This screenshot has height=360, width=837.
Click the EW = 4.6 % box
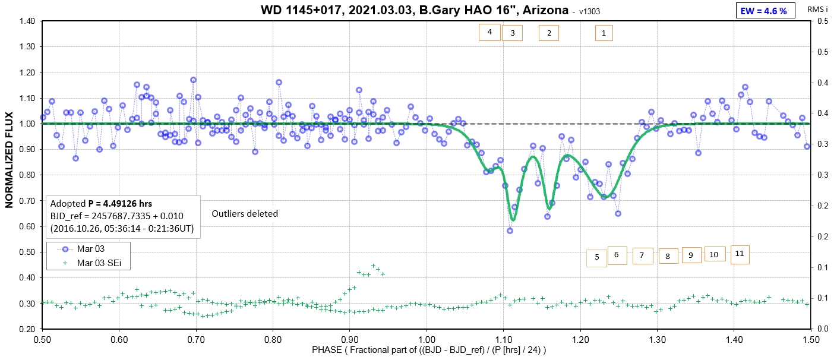[765, 11]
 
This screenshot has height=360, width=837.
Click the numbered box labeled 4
[489, 32]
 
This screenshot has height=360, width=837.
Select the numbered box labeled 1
[604, 33]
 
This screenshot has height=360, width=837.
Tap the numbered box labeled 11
[739, 254]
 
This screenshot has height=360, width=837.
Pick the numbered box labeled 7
[642, 255]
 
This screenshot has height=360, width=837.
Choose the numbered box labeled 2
[549, 33]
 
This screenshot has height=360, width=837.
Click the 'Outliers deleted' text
[245, 213]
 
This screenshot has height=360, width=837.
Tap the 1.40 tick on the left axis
[27, 21]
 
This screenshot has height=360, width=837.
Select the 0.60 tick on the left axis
[27, 226]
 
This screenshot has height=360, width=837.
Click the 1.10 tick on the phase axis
[503, 339]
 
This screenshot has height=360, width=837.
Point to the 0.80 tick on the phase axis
[273, 339]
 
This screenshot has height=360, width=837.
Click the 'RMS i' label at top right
[817, 10]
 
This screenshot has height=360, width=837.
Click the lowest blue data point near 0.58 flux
[510, 230]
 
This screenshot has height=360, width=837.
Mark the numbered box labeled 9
[691, 255]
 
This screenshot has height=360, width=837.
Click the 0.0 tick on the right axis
[822, 329]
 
